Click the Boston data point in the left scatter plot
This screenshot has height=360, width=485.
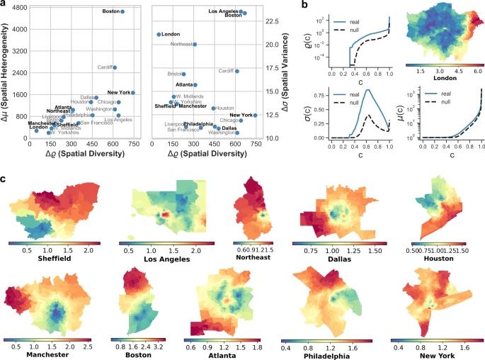click(122, 11)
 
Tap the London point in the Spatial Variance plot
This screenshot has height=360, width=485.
click(159, 34)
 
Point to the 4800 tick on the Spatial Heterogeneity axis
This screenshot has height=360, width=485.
click(19, 7)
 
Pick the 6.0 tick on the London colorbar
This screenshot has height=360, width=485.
click(475, 72)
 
